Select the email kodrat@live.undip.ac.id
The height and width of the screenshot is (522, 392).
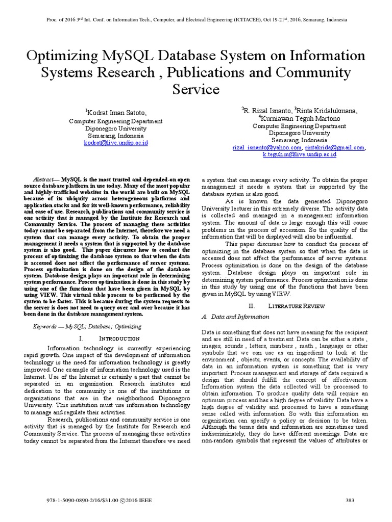tap(116, 143)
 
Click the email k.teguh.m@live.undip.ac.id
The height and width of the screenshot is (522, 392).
tap(299, 154)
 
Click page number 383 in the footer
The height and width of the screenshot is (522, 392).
tap(350, 501)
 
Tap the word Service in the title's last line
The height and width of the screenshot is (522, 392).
tap(195, 90)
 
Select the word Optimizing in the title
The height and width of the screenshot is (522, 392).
tap(63, 55)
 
